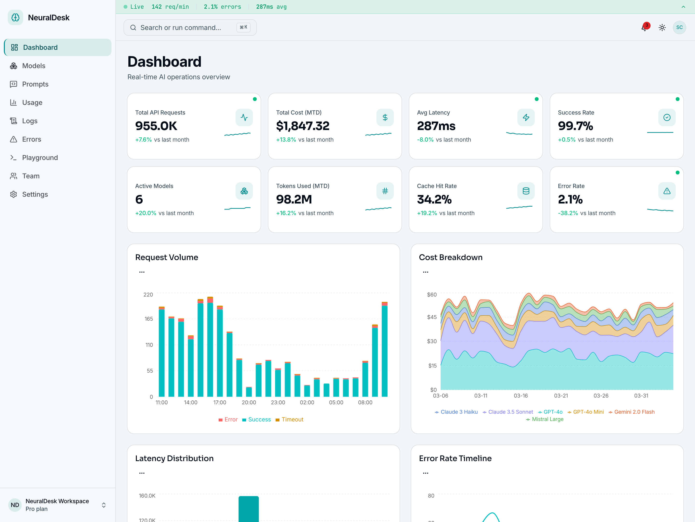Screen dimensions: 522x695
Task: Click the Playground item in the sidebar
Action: point(40,158)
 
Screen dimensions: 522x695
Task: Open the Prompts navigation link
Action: point(35,84)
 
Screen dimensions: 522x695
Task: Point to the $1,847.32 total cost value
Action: point(303,126)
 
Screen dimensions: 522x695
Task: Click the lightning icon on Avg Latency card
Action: point(526,117)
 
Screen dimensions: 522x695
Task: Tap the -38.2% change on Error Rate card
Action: point(567,213)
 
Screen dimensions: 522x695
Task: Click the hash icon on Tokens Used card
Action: point(385,191)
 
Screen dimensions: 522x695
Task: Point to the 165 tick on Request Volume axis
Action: point(149,319)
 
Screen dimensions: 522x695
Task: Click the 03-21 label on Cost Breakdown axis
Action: point(561,396)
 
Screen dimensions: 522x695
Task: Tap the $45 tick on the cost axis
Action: point(432,317)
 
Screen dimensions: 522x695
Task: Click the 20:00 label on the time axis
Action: point(249,402)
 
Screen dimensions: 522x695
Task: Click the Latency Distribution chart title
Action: point(174,458)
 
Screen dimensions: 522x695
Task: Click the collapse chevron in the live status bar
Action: point(683,7)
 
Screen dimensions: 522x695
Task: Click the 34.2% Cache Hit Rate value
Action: point(434,199)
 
